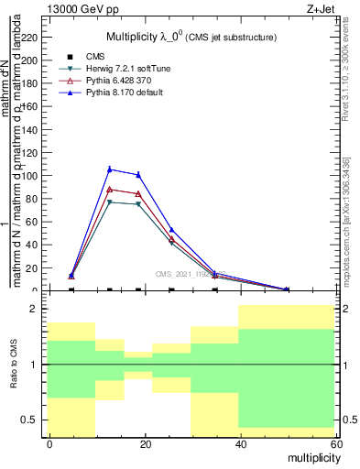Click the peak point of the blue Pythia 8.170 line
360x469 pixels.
click(x=110, y=169)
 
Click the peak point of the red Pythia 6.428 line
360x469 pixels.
click(x=110, y=190)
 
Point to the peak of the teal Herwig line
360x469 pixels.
click(x=110, y=202)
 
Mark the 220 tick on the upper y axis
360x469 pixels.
click(x=33, y=38)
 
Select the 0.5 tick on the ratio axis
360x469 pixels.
click(x=31, y=420)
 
